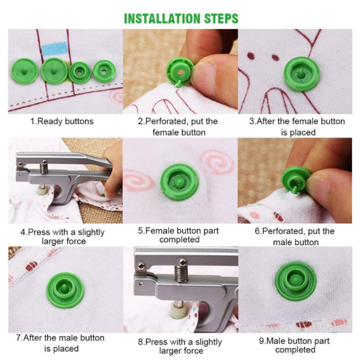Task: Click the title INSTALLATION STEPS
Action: [180, 18]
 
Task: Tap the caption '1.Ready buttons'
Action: [62, 121]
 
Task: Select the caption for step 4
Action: [62, 237]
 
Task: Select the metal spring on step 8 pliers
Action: [182, 272]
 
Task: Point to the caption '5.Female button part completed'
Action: [179, 235]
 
